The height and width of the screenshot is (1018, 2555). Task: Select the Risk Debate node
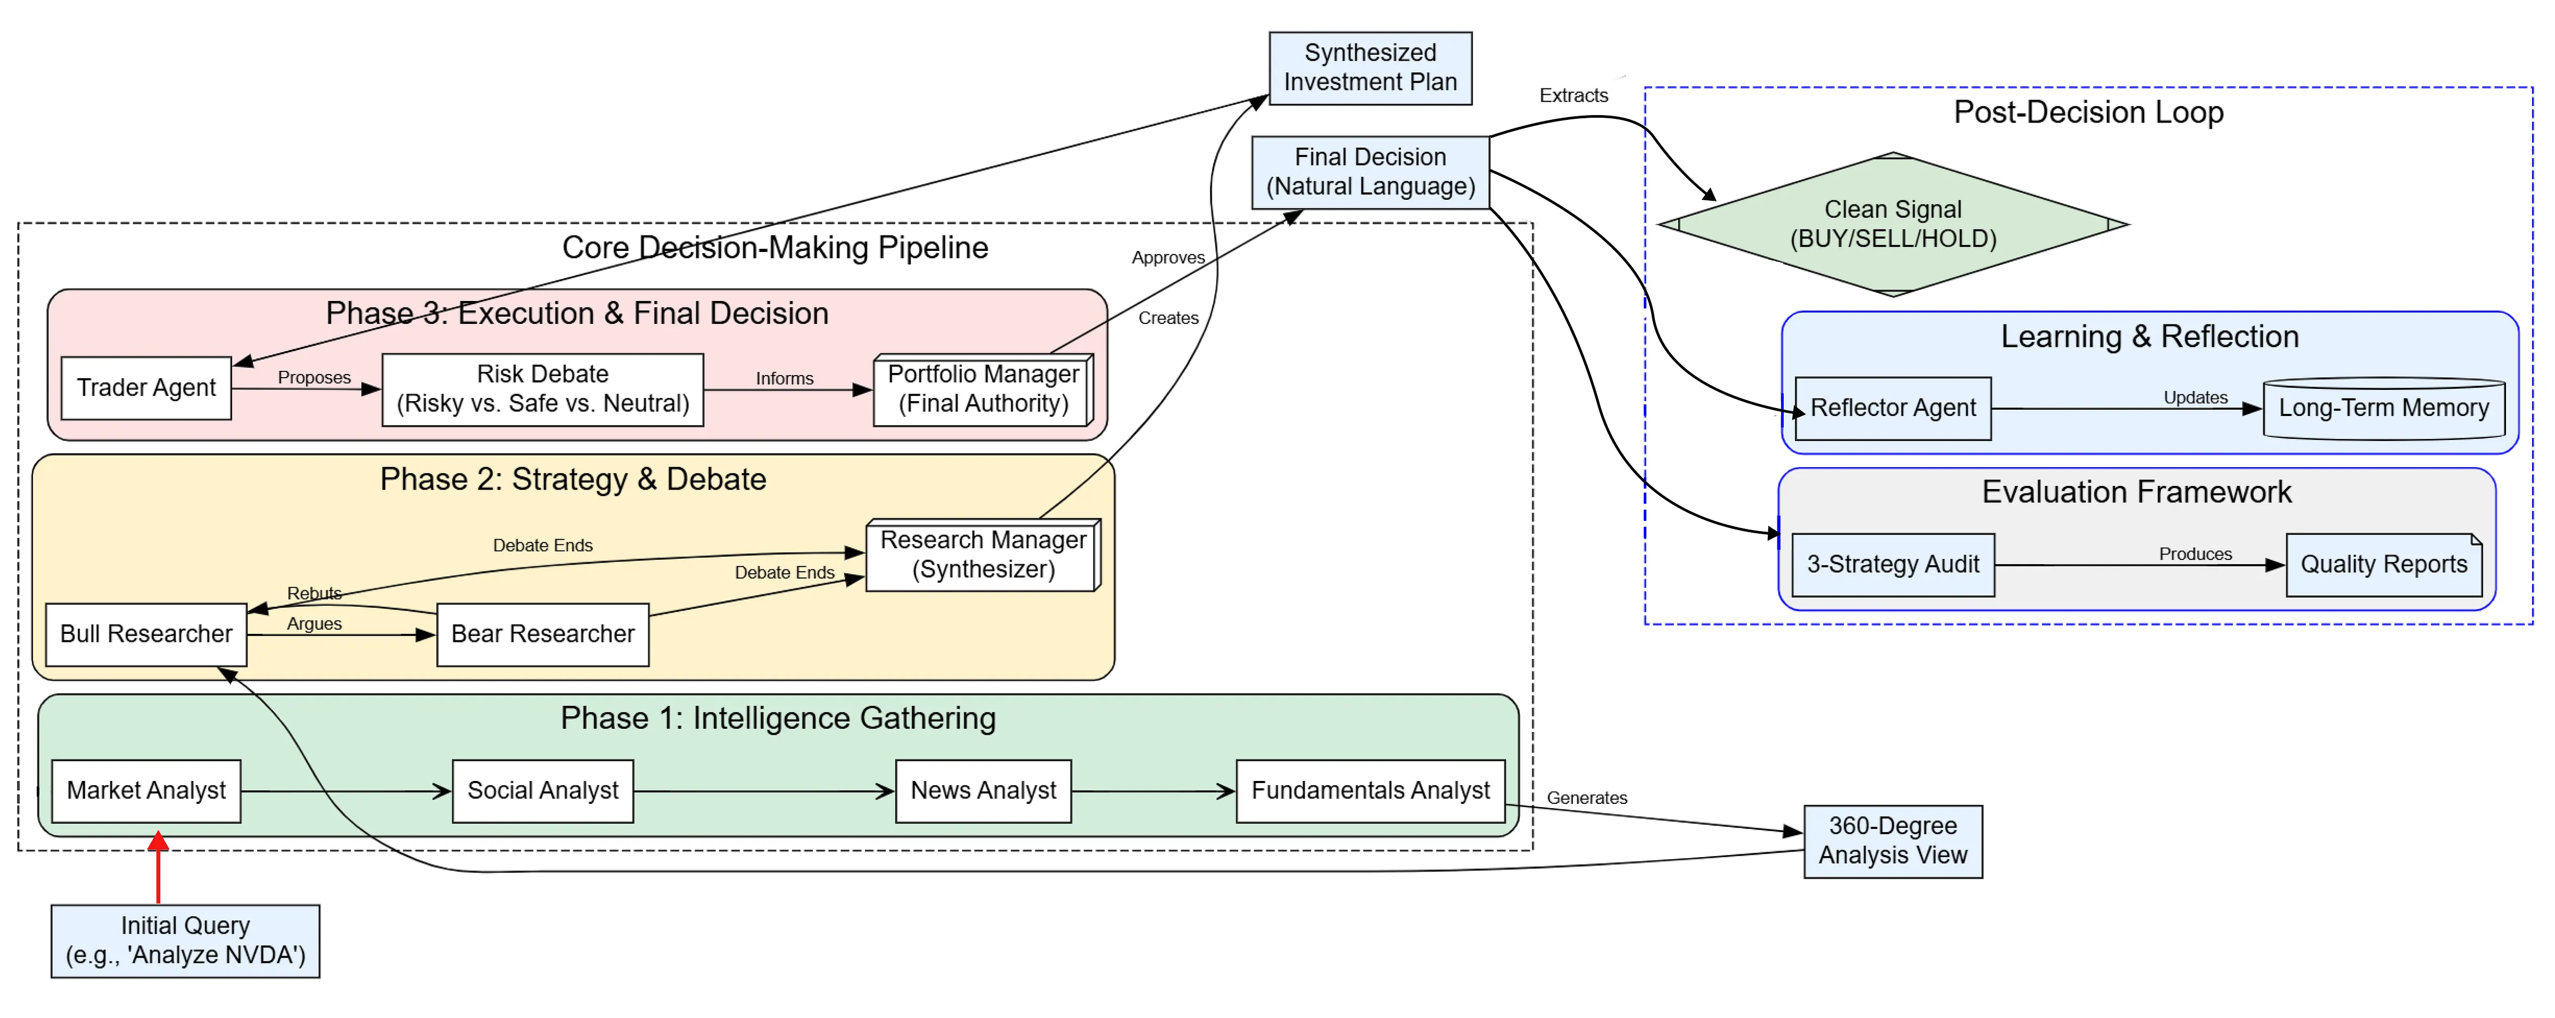(542, 389)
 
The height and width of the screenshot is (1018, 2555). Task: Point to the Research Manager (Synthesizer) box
(982, 555)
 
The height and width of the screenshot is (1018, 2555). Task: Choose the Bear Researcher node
(542, 634)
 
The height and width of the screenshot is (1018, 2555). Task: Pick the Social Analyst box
(542, 791)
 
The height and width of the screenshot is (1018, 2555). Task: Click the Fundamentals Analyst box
(1370, 791)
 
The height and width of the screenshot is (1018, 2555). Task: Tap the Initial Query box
(185, 941)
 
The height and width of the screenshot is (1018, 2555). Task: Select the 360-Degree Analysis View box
(1892, 841)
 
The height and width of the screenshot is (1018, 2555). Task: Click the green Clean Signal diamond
(1892, 224)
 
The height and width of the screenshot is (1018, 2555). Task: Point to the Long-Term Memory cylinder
(2384, 408)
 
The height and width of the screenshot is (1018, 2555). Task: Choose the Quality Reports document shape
(2384, 565)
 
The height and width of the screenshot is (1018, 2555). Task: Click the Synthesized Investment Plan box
(1370, 68)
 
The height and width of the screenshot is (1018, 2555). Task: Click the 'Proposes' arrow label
(314, 377)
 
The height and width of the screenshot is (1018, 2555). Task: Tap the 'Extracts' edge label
(1573, 95)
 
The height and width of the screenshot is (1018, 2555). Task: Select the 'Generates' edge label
(1586, 798)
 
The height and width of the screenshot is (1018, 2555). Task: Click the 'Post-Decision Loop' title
(2088, 112)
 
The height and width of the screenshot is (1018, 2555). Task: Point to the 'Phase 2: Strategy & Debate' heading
(572, 479)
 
